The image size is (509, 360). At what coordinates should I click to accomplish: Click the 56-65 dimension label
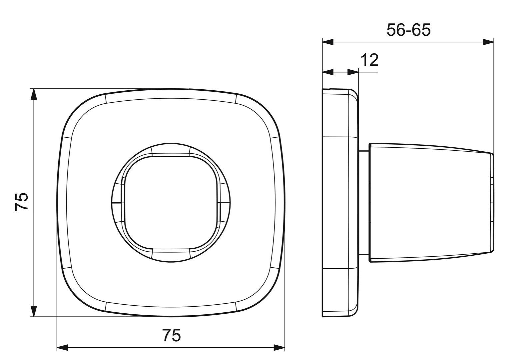point(408,30)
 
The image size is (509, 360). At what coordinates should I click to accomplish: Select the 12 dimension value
point(369,60)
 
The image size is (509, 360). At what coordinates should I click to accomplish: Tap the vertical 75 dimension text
point(22,202)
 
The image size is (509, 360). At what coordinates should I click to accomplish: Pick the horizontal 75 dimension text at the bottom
point(172,335)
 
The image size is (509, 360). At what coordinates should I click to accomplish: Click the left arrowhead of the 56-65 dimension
point(328,42)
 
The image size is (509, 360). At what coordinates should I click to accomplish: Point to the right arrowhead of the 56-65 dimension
point(488,42)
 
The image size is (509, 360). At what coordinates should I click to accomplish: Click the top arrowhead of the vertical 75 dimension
point(34,94)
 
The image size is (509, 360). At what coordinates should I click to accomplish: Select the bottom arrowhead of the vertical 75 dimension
point(34,311)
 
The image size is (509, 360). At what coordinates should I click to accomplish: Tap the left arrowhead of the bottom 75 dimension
point(63,347)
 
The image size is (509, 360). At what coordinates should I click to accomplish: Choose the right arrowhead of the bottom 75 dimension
point(279,347)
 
